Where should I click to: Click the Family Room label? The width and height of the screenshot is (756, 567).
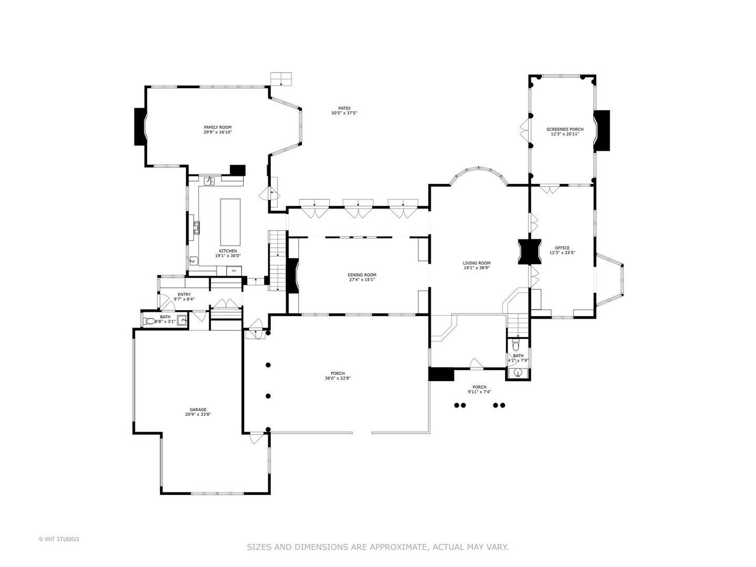(217, 127)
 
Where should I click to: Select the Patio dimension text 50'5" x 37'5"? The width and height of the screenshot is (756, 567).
(344, 113)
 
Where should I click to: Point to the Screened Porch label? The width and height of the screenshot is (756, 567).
(564, 129)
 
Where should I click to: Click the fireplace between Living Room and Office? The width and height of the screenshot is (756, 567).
(529, 251)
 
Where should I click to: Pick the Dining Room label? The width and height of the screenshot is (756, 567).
(362, 275)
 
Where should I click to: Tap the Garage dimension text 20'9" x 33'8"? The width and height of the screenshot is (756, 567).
(198, 414)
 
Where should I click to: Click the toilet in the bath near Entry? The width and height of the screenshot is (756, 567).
(150, 321)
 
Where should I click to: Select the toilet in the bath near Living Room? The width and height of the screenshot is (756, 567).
(516, 346)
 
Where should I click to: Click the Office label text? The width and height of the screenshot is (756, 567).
(562, 248)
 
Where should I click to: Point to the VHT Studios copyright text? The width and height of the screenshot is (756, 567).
(59, 539)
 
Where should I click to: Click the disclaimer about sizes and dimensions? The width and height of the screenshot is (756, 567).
(377, 547)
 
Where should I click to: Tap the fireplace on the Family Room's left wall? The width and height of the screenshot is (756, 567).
(140, 127)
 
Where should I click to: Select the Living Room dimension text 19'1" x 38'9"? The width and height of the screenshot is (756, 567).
(476, 268)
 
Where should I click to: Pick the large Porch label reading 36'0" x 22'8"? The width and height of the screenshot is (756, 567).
(338, 378)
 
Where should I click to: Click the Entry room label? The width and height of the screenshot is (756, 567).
(184, 295)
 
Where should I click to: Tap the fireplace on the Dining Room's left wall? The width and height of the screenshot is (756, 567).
(292, 276)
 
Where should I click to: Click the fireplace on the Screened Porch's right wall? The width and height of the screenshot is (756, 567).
(602, 130)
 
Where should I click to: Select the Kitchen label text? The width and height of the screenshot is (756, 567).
(228, 251)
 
